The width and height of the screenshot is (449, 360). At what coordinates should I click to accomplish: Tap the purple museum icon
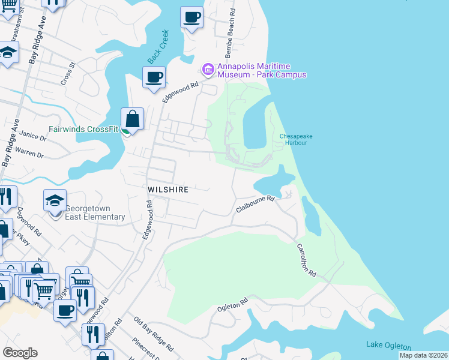click(208, 70)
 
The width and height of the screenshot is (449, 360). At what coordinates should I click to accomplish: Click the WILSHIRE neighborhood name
click(168, 190)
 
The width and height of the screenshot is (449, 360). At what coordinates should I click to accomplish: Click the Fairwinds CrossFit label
click(82, 129)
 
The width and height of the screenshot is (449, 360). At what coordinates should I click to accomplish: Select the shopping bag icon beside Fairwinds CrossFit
click(132, 118)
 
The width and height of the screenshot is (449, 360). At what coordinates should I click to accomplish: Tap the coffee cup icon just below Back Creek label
click(154, 77)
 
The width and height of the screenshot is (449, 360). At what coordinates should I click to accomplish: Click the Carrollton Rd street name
click(306, 259)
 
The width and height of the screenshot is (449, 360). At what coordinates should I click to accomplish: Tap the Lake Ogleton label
click(388, 346)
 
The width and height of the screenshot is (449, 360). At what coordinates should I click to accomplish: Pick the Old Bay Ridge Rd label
click(154, 334)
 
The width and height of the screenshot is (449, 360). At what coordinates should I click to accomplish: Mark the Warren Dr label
click(32, 154)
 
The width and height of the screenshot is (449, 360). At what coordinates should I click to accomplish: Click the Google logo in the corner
click(20, 353)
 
